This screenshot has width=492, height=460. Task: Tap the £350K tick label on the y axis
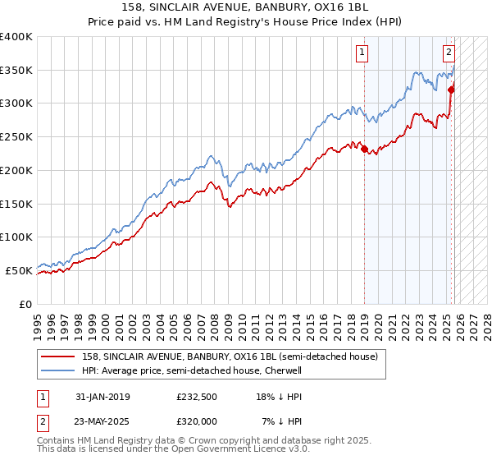click(16, 70)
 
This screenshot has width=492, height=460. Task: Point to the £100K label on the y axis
click(16, 237)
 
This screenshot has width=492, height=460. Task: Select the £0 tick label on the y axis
click(24, 303)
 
